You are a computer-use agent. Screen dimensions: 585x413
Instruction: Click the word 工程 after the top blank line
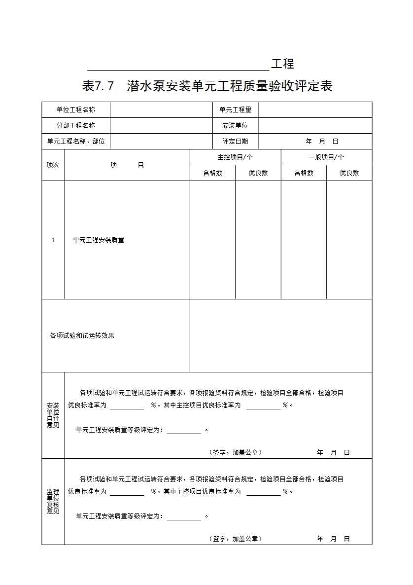282,64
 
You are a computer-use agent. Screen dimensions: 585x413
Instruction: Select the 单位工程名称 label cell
76,110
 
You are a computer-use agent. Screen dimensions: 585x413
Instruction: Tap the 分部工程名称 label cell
76,125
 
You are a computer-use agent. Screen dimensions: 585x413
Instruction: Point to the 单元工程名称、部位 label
76,141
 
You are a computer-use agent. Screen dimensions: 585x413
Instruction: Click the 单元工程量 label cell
235,110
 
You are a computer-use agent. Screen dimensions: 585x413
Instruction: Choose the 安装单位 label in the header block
235,125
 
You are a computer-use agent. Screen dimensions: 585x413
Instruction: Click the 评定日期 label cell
235,141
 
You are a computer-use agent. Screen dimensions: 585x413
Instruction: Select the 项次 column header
53,165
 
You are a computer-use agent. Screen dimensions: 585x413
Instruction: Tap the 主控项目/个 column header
235,157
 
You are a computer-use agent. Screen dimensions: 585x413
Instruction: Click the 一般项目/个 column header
326,157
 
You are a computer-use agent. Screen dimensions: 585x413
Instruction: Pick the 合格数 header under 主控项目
212,173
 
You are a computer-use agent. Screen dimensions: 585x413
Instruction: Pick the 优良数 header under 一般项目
349,173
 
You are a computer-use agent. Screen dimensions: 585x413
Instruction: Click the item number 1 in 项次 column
53,240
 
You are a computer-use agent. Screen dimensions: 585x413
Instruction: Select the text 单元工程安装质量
99,240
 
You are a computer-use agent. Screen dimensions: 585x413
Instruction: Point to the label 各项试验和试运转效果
82,335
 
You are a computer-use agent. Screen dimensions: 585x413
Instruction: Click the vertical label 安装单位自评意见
53,415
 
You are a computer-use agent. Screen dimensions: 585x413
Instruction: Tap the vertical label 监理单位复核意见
53,501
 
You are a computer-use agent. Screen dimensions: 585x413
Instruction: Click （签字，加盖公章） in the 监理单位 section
236,539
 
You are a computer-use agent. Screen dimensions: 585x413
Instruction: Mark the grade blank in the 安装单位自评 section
184,431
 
